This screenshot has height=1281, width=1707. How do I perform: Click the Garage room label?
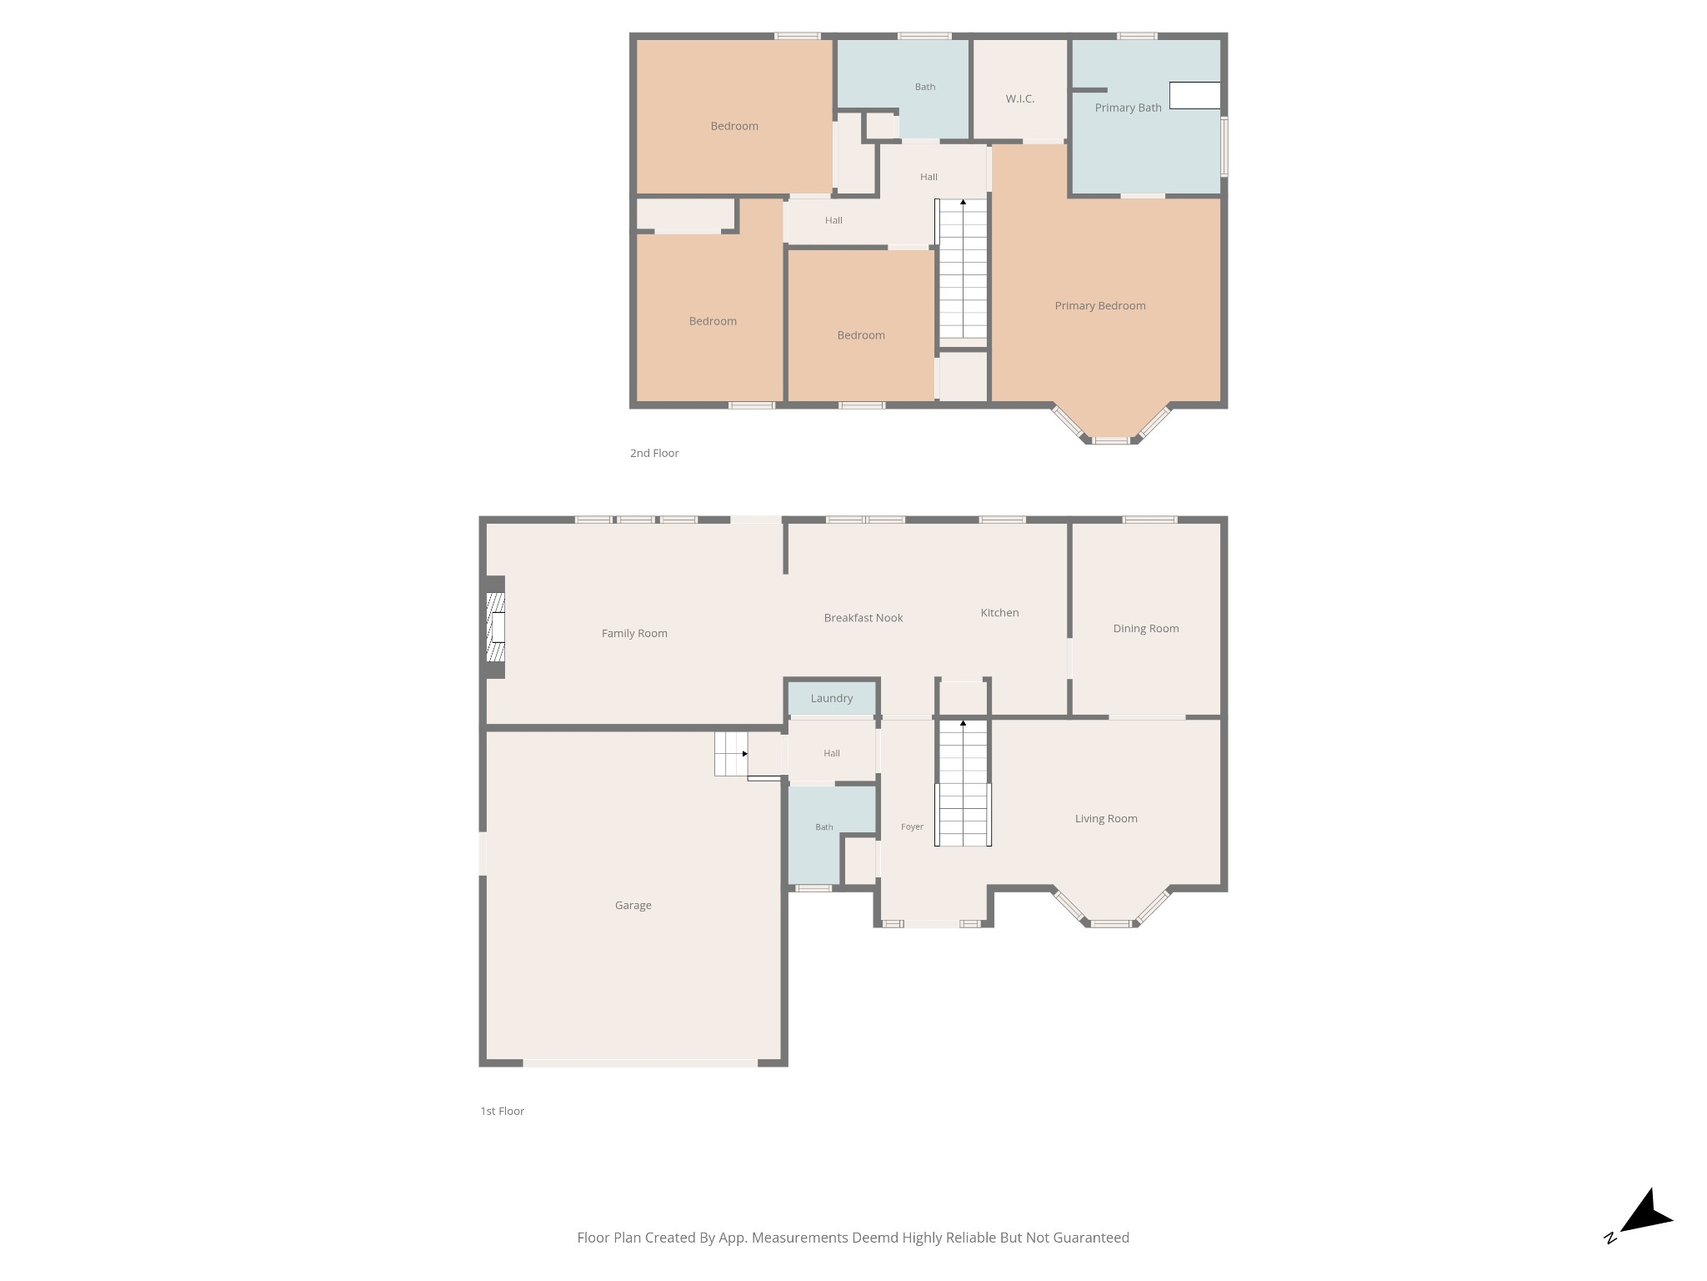pos(633,905)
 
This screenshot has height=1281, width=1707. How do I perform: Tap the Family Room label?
pos(634,633)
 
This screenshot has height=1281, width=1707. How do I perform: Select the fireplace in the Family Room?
pos(496,626)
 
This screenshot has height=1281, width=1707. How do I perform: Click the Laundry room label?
pos(832,698)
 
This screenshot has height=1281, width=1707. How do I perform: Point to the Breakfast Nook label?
pos(864,618)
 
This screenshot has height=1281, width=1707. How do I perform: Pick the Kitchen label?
pos(999,612)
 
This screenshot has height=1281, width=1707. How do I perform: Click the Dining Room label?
pos(1146,628)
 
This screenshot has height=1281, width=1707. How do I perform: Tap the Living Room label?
pos(1106,818)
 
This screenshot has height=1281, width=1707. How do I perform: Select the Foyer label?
pos(912,826)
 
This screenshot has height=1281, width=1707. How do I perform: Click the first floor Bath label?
pos(824,826)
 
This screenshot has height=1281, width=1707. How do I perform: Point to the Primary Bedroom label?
pos(1100,305)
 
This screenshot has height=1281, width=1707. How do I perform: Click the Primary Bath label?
pos(1128,108)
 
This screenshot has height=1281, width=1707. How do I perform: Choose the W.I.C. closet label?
pos(1020,98)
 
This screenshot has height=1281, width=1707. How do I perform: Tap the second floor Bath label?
pos(925,87)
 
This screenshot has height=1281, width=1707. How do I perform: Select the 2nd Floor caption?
pos(654,453)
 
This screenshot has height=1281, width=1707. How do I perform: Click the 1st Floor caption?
pos(502,1111)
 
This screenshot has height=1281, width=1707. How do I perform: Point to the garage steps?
pos(731,754)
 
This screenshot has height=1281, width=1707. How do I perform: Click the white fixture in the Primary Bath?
pos(1195,95)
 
